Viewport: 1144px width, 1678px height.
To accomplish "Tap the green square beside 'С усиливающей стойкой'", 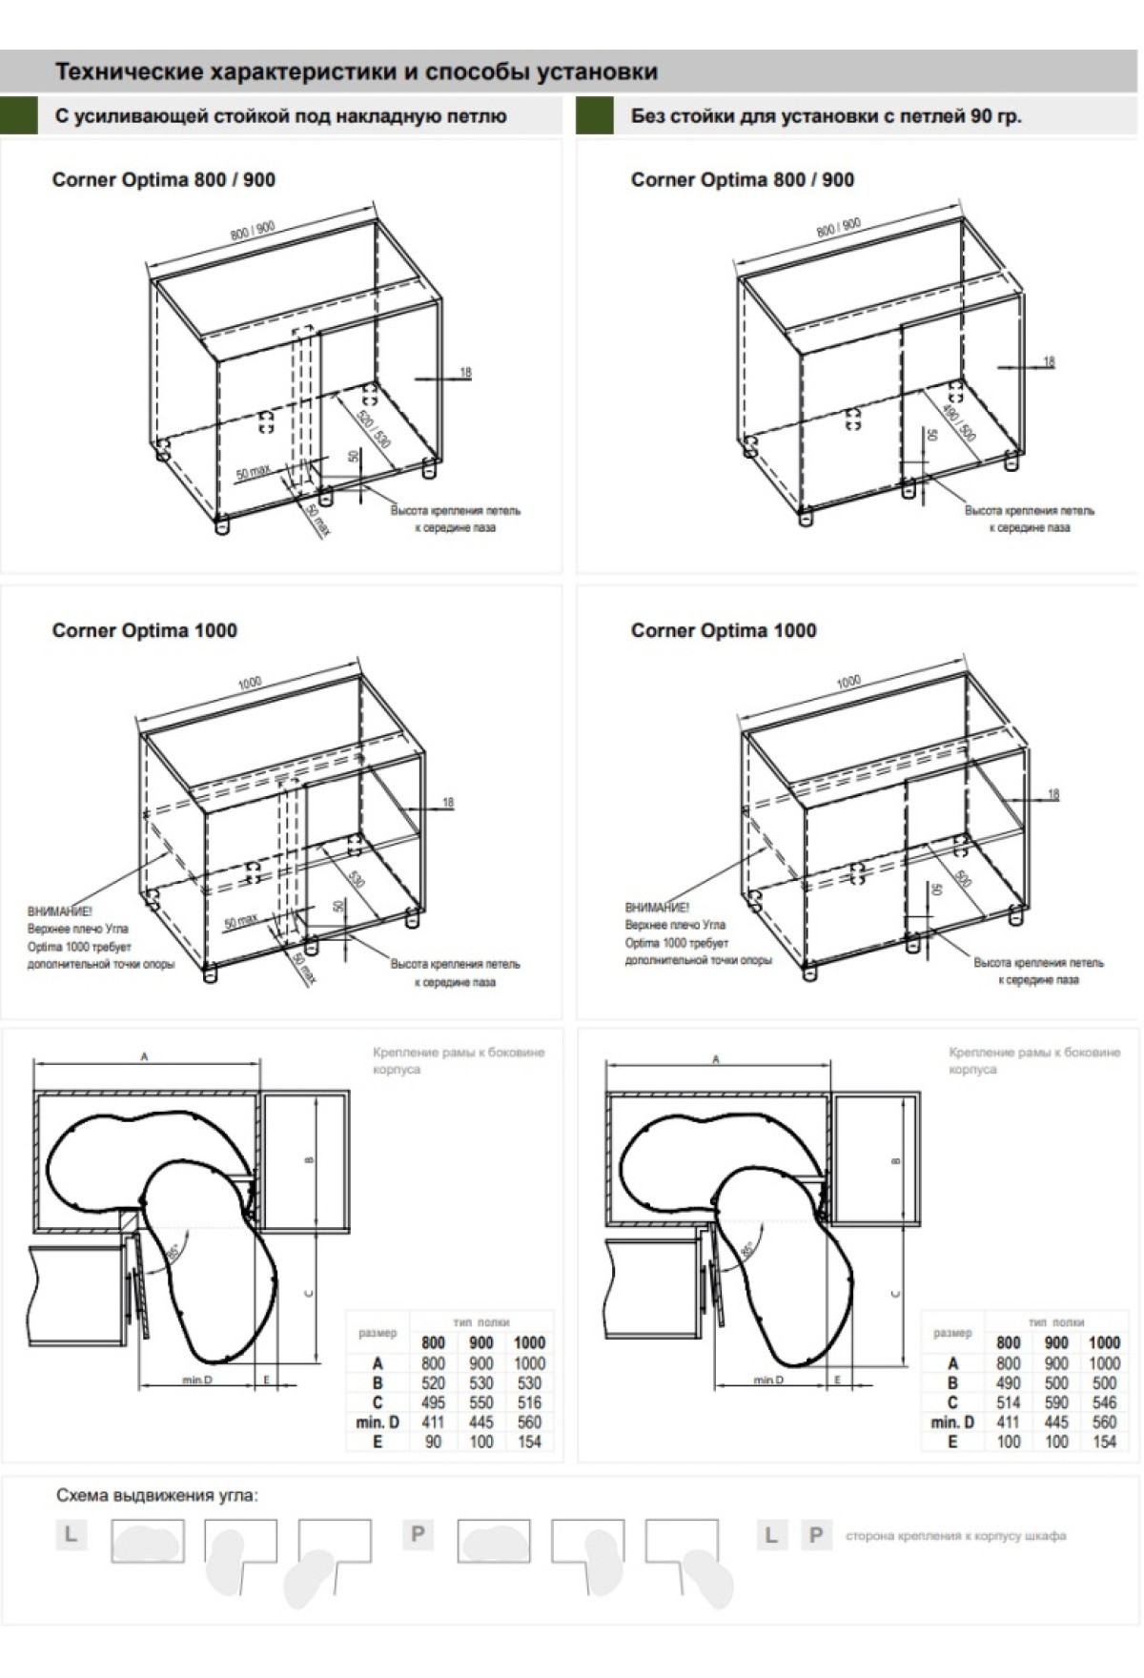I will click(x=19, y=116).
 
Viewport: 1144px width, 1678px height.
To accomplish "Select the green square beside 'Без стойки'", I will click(x=595, y=116).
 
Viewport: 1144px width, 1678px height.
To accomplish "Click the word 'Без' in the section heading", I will click(x=647, y=116).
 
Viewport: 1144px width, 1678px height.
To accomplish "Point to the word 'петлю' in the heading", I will click(x=479, y=116).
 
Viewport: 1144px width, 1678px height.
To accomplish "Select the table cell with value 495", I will click(x=433, y=1402).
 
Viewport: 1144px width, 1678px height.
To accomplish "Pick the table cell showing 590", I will click(x=1056, y=1402).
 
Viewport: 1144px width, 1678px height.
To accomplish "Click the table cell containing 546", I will click(x=1104, y=1402).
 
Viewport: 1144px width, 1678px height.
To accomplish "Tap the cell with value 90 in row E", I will click(x=433, y=1442).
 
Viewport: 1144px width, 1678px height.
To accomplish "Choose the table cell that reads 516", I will click(x=529, y=1402).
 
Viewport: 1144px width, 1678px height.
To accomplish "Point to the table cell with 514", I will click(x=1008, y=1402).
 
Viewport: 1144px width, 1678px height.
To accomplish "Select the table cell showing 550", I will click(x=481, y=1402).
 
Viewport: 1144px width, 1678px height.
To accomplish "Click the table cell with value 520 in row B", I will click(x=433, y=1382).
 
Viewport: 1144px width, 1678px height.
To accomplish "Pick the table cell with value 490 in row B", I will click(x=1008, y=1382).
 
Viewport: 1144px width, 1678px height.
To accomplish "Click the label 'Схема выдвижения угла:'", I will click(x=156, y=1495).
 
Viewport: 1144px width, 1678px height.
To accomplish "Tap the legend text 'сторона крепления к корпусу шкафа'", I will click(x=955, y=1536).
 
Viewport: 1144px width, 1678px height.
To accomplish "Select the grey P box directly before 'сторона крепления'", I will click(x=815, y=1535).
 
